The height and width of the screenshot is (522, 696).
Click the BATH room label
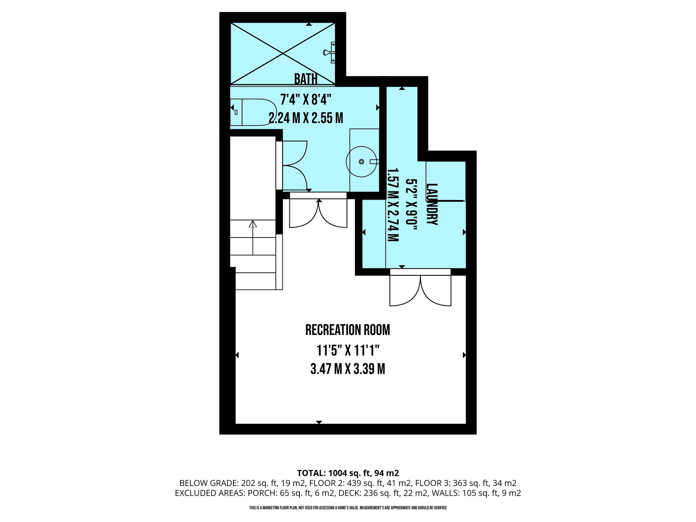coord(306,79)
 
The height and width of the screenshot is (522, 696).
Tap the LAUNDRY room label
coord(432,204)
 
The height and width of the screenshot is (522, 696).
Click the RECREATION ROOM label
coord(348,330)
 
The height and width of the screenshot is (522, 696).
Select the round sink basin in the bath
coord(361,161)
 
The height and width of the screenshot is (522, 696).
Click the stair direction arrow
coord(253,238)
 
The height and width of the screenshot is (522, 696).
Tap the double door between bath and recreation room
coord(318,212)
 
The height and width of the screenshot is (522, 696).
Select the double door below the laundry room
coord(420,289)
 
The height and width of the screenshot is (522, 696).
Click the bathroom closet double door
coord(294,166)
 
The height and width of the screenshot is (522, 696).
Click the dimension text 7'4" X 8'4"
coord(306,100)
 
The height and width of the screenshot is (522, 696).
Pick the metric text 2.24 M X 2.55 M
coord(306,118)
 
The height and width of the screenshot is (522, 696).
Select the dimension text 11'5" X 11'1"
coord(348,350)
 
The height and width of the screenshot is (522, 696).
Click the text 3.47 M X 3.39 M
coord(348,369)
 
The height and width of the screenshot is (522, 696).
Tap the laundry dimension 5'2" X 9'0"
coord(412,205)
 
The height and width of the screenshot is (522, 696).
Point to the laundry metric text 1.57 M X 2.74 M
coord(393,205)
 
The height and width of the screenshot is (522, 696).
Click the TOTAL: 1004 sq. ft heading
coord(348,473)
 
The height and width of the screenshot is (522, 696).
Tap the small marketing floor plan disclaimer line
coord(348,508)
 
